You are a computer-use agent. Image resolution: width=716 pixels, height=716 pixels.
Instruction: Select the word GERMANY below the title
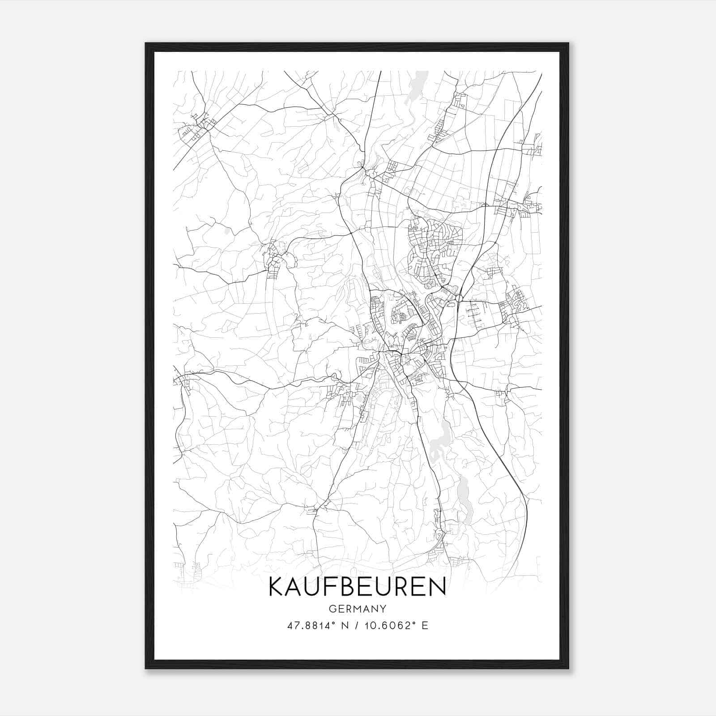coord(358,609)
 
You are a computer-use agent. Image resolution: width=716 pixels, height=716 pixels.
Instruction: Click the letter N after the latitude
coord(345,626)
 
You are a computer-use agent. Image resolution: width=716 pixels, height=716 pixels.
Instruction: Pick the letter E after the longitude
coord(425,626)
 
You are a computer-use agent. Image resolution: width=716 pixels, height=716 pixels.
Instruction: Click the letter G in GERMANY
coord(332,609)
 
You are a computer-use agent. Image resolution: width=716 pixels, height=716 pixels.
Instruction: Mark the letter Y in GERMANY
coord(384,609)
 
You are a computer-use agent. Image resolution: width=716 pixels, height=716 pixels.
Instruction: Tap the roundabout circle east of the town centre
coord(459,298)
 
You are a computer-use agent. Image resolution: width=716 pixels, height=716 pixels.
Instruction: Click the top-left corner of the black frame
coord(146,44)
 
